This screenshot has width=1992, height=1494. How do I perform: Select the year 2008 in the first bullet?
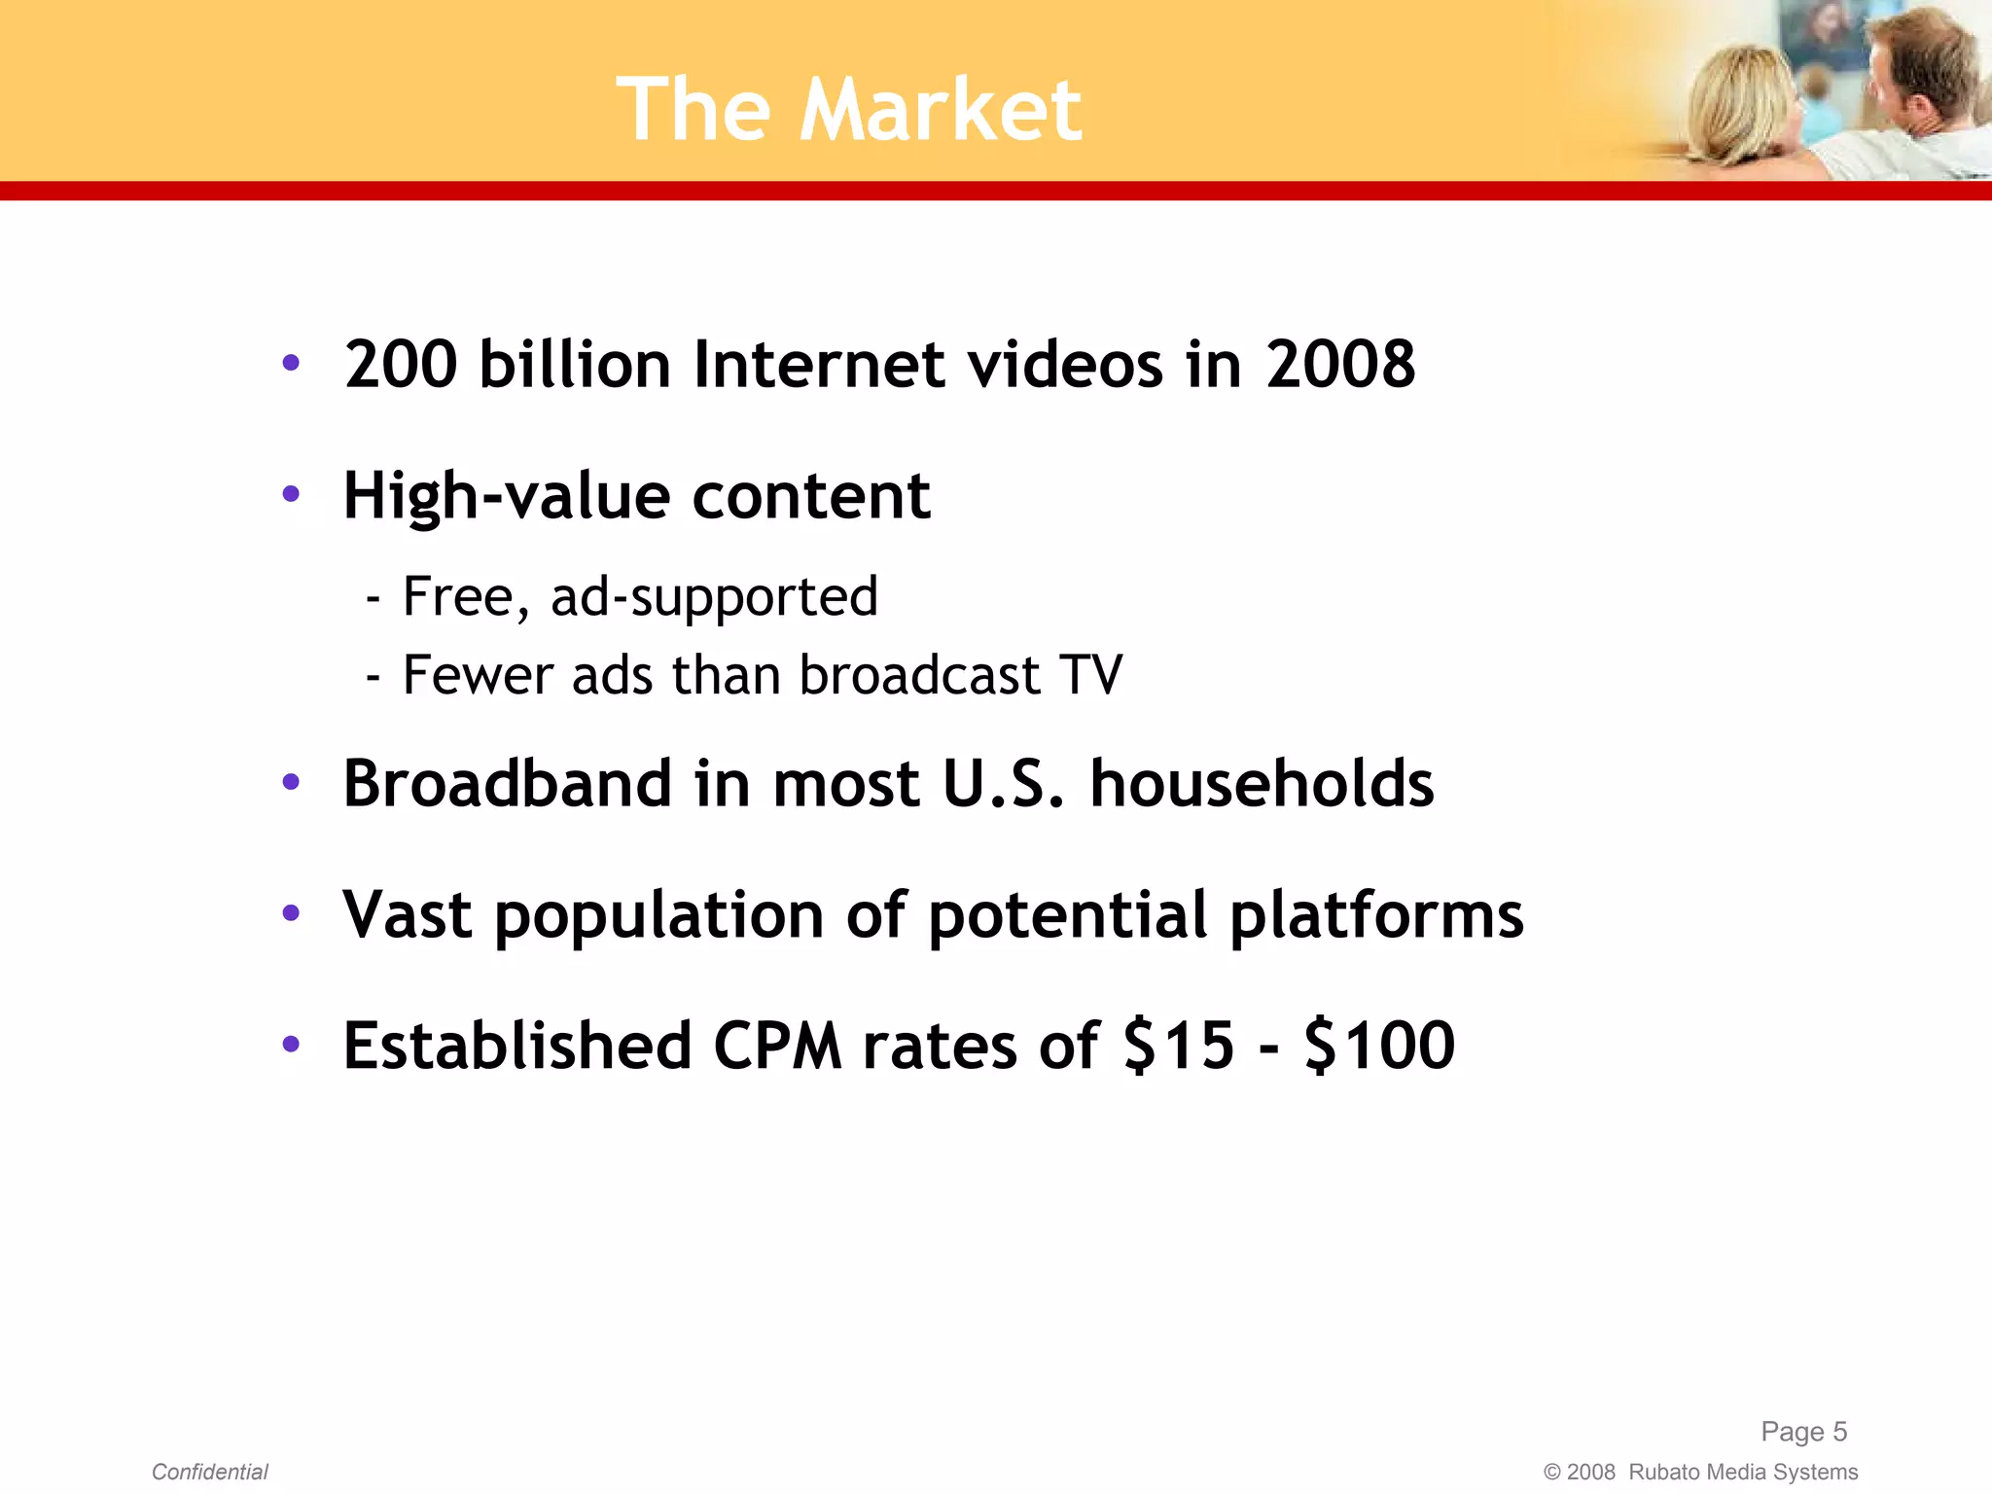tap(1339, 365)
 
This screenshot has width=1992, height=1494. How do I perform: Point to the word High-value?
tap(506, 497)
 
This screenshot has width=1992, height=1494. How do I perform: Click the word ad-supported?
tap(714, 597)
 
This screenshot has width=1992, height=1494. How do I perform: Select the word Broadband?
tap(507, 784)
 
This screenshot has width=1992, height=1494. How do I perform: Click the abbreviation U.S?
tap(1003, 784)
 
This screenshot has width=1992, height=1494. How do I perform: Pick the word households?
tap(1262, 784)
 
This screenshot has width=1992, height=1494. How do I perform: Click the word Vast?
tap(408, 915)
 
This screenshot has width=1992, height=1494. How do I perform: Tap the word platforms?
tap(1375, 915)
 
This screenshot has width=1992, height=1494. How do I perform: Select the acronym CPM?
tap(777, 1047)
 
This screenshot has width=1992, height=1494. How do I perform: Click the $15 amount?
tap(1178, 1047)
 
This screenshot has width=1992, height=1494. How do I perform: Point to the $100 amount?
tap(1378, 1047)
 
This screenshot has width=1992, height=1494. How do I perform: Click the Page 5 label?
tap(1803, 1432)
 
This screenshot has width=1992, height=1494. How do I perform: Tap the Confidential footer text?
tap(209, 1472)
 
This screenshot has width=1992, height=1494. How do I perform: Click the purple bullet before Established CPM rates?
tap(291, 1045)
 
